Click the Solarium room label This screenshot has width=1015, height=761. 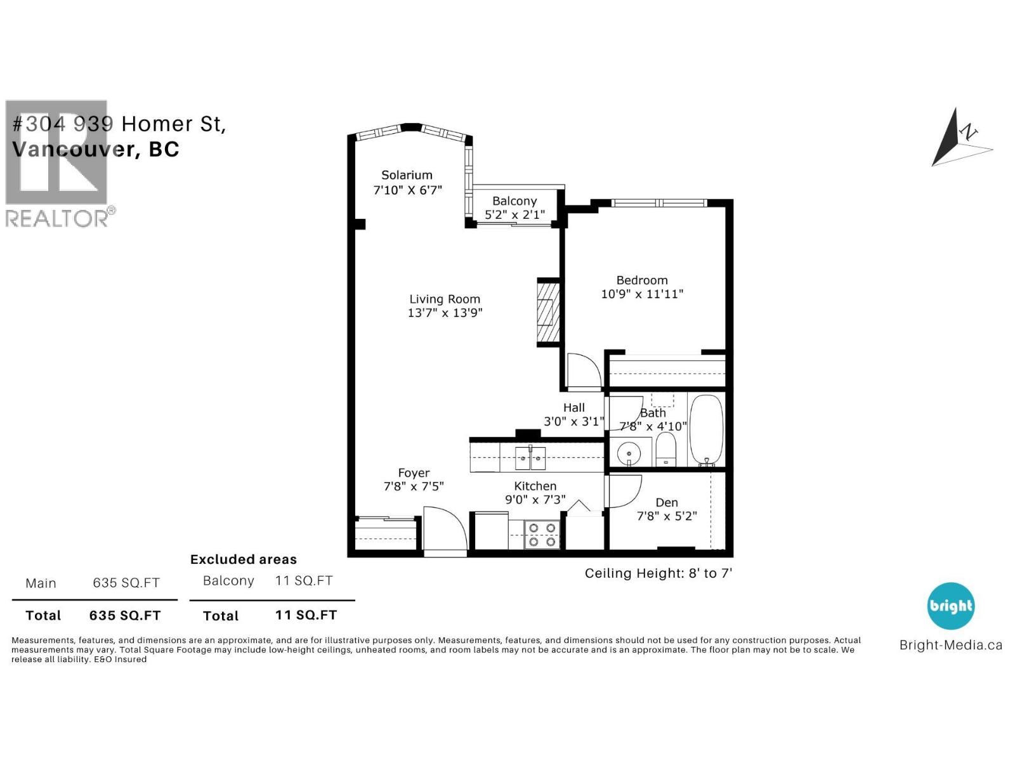(407, 175)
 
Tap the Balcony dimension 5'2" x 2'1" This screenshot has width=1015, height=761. (514, 215)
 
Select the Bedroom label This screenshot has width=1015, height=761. (642, 280)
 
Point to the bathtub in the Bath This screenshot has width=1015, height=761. (706, 430)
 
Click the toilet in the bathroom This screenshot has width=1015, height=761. (665, 449)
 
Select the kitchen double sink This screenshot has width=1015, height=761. (530, 457)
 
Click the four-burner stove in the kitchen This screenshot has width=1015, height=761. (542, 534)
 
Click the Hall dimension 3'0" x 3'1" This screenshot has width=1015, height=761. (573, 421)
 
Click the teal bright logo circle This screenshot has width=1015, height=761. (950, 606)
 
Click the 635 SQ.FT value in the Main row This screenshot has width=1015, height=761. (126, 583)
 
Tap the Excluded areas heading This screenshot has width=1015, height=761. (244, 559)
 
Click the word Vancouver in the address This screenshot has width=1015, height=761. (73, 149)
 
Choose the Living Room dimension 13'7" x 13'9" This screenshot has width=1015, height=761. (445, 313)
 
